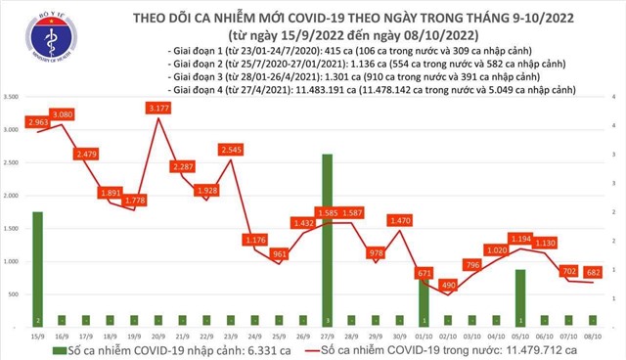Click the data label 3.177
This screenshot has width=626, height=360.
(x=158, y=107)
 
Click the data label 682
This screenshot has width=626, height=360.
(x=593, y=271)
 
